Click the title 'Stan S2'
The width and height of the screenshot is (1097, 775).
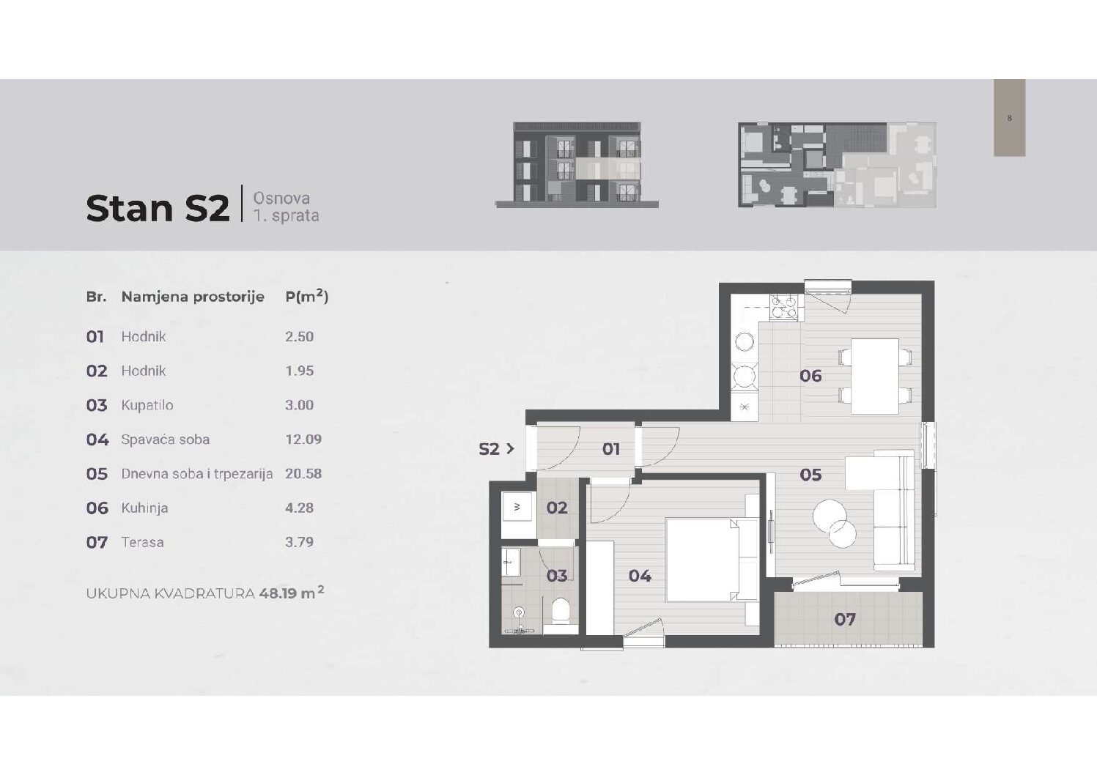coord(158,208)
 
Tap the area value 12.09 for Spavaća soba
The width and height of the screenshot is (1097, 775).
coord(303,440)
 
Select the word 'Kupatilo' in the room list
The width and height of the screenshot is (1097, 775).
coord(147,405)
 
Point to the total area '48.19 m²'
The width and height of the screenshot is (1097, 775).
coord(292,593)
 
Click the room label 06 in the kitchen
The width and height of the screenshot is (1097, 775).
coord(810,376)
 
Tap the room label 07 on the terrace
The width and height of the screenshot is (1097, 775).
coord(845,619)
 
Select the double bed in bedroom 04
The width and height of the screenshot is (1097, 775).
coord(711,559)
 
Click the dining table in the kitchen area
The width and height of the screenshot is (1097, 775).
coord(875,376)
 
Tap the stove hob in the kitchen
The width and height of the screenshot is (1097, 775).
coord(783,308)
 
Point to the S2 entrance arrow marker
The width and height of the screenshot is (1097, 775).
coord(496,448)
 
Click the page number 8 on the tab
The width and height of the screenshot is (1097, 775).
coord(1009,118)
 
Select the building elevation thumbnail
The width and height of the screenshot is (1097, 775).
coord(577,165)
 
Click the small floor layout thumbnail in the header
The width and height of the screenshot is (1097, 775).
coord(837,165)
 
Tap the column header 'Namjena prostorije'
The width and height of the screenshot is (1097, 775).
coord(193,297)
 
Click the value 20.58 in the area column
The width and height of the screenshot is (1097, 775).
coord(303,473)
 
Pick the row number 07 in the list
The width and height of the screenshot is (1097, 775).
coord(97,542)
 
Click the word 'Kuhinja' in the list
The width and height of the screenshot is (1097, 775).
coord(144,508)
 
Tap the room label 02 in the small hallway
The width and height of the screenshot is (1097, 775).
coord(557,508)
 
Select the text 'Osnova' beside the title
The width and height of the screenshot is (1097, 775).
coord(281,199)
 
